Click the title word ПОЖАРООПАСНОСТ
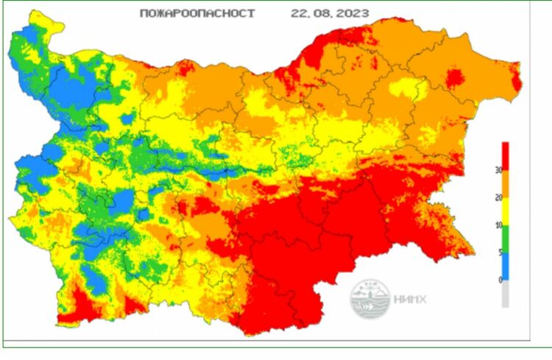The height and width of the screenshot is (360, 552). point(197,13)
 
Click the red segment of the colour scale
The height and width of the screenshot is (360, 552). point(505,156)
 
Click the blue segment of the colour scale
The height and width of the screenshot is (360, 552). point(505,267)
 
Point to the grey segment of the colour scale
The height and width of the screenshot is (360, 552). point(505,294)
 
